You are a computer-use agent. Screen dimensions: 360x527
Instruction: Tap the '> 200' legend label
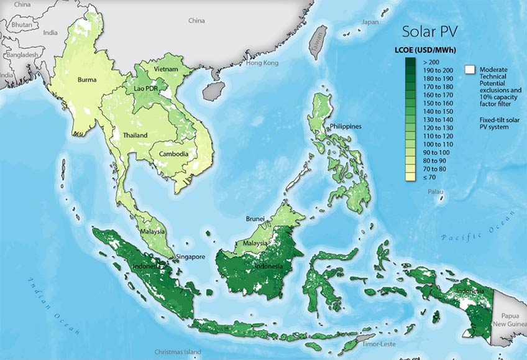point(431,62)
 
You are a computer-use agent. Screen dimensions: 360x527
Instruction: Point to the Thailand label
point(135,135)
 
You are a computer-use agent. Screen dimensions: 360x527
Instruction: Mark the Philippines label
point(345,126)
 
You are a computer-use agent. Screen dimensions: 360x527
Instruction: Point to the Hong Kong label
point(261,63)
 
